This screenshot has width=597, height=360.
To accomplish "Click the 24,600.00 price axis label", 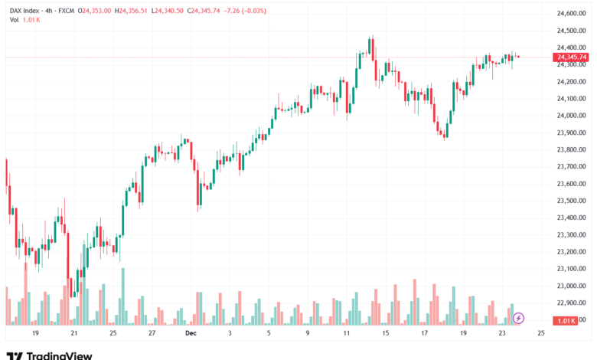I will (x=572, y=14).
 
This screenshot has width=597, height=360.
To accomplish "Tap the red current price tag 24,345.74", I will (x=572, y=57).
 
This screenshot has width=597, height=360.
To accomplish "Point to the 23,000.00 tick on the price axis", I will (x=572, y=286).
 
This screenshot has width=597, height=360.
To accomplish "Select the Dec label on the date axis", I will (x=191, y=334).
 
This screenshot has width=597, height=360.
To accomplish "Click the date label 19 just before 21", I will (x=34, y=334).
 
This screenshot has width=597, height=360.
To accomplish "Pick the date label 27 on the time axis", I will (x=152, y=334).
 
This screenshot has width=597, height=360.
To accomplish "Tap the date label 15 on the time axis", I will (x=385, y=334).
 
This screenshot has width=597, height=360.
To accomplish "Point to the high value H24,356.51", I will (x=132, y=11).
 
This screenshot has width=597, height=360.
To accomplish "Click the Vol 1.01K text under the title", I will (x=24, y=20).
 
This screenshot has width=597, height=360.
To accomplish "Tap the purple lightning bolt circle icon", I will (x=519, y=317).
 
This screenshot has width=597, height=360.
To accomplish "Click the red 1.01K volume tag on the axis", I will (x=569, y=320).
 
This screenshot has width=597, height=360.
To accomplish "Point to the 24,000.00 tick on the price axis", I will (x=572, y=116).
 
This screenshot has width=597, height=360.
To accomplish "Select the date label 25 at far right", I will (x=540, y=334).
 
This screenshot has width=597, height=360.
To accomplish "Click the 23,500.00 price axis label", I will (x=572, y=201).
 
